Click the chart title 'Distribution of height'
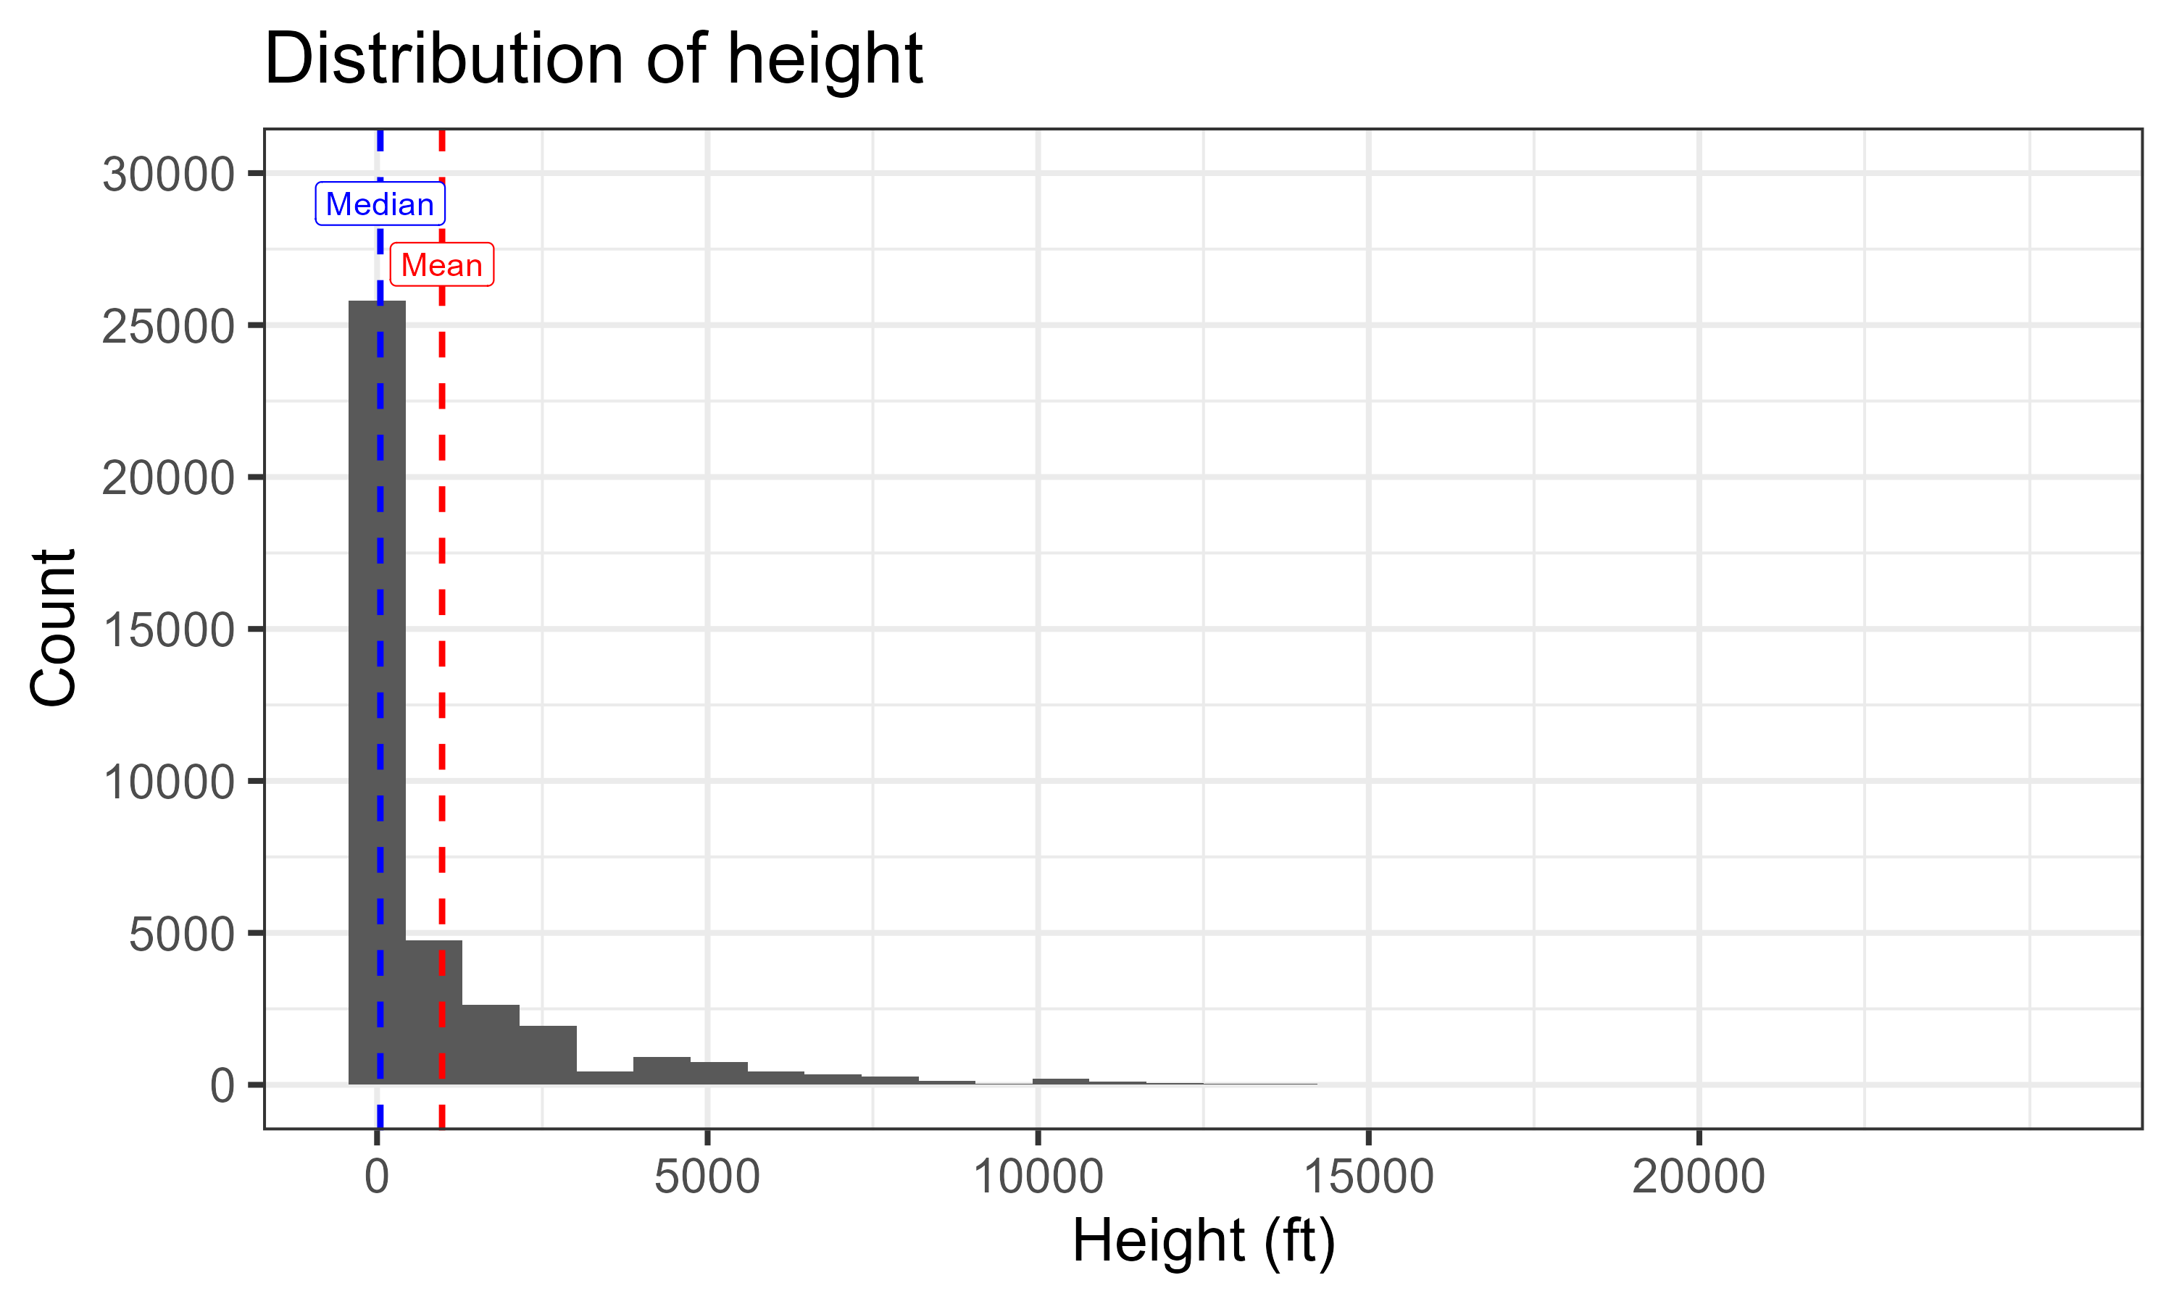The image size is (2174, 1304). pyautogui.click(x=594, y=59)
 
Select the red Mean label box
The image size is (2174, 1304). pyautogui.click(x=441, y=265)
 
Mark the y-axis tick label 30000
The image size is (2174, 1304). pyautogui.click(x=168, y=174)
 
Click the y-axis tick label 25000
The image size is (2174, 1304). pyautogui.click(x=168, y=327)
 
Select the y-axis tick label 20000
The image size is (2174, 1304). pyautogui.click(x=168, y=479)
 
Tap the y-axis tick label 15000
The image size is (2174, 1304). pyautogui.click(x=168, y=630)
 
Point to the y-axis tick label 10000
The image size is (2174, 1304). pyautogui.click(x=168, y=782)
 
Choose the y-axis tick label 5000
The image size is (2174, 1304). pyautogui.click(x=181, y=934)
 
